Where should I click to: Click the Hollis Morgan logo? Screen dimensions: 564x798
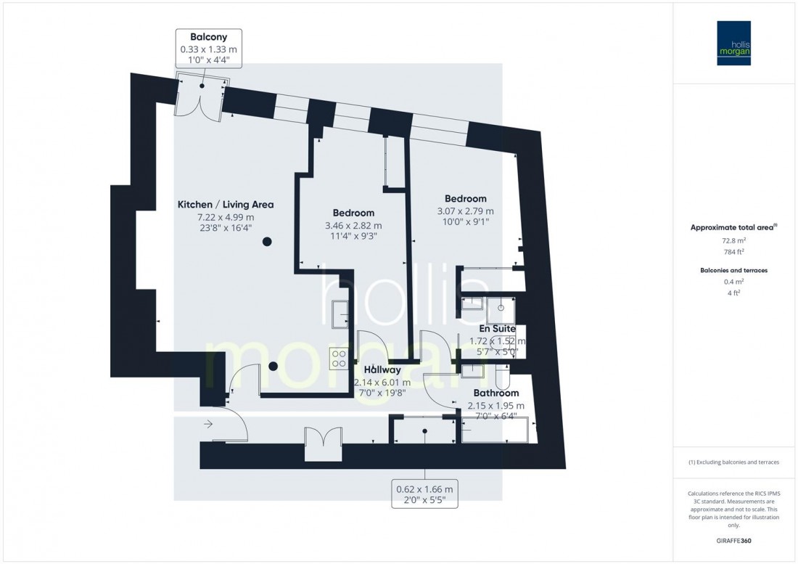click(735, 43)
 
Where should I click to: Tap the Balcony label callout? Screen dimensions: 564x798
click(208, 49)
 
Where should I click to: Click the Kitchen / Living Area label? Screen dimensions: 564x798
click(226, 205)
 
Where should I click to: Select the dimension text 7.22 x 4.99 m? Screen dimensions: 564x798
click(226, 217)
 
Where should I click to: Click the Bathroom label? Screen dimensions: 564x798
click(496, 393)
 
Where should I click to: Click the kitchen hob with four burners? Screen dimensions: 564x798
click(339, 356)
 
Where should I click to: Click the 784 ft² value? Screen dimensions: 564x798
click(735, 252)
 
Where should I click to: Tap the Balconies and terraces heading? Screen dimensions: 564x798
click(734, 270)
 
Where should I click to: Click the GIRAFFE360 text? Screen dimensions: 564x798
click(735, 541)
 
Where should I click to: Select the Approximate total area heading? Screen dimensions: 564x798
click(734, 227)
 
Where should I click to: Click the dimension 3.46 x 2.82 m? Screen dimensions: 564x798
click(353, 225)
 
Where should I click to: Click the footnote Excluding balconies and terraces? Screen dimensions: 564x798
click(734, 462)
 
